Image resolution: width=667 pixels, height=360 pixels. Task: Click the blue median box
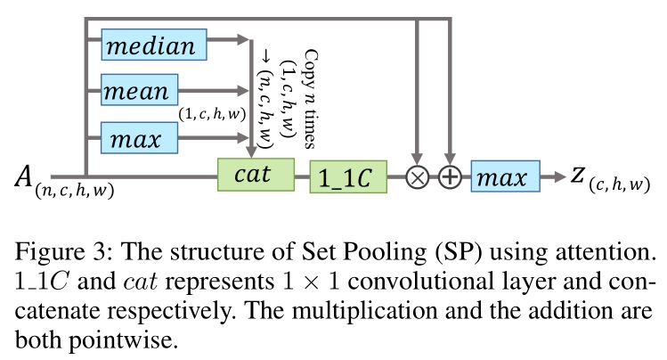[154, 45]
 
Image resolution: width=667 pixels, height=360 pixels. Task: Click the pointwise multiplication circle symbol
[417, 177]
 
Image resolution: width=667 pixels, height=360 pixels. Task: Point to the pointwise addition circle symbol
[451, 177]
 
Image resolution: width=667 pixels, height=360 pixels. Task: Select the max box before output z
[504, 176]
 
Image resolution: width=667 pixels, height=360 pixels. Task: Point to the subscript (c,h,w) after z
[620, 186]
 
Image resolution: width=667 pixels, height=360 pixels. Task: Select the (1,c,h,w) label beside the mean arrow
[212, 113]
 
